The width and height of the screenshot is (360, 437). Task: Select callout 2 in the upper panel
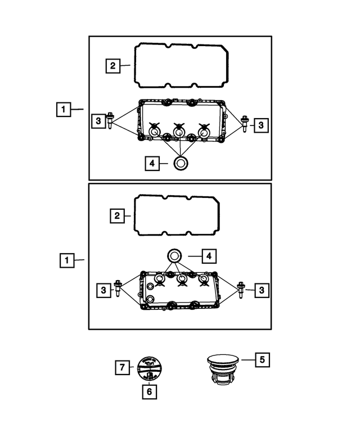click(x=112, y=66)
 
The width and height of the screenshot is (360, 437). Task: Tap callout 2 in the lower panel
click(x=116, y=215)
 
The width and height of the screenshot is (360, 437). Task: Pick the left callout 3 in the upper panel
click(x=98, y=121)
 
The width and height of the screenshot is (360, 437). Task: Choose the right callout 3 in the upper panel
click(x=260, y=125)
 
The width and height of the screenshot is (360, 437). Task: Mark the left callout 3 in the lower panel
click(x=103, y=290)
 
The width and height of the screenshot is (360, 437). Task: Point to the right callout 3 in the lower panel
click(x=262, y=290)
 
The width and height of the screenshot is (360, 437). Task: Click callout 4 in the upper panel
click(x=151, y=164)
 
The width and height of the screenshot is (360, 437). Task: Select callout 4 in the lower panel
click(x=208, y=256)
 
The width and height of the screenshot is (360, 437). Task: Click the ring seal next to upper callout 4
click(x=181, y=164)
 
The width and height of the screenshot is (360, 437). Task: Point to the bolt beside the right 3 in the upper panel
click(x=245, y=123)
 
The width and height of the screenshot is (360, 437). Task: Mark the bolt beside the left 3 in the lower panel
click(x=119, y=289)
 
